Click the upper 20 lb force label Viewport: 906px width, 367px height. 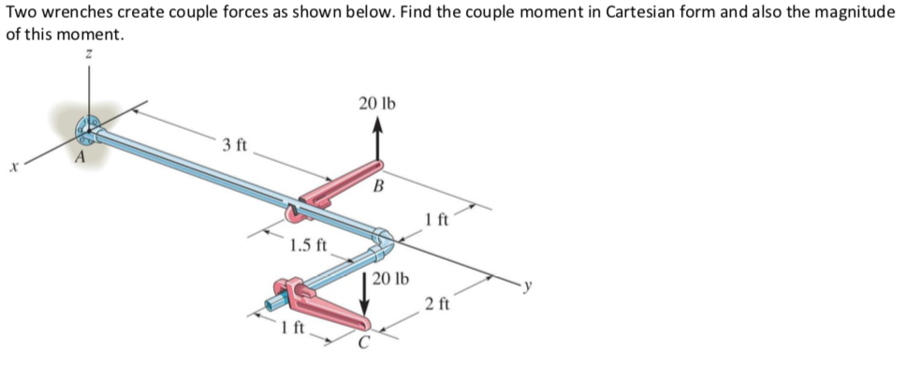pyautogui.click(x=376, y=102)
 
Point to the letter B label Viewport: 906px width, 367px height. pyautogui.click(x=377, y=185)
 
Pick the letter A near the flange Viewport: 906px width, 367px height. pyautogui.click(x=80, y=159)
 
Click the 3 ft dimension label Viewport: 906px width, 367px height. pyautogui.click(x=234, y=145)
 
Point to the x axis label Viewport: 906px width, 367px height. pyautogui.click(x=13, y=169)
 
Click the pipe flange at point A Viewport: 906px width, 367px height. pyautogui.click(x=90, y=128)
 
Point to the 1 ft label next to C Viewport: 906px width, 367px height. pyautogui.click(x=293, y=328)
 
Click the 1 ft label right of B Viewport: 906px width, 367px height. pyautogui.click(x=436, y=221)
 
